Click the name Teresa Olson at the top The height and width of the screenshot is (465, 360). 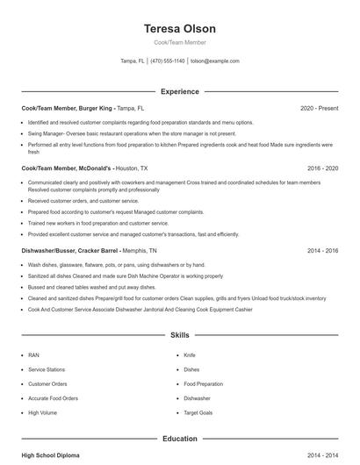(179, 28)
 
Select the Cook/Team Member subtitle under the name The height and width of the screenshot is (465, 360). (179, 43)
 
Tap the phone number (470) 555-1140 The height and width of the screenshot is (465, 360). (167, 61)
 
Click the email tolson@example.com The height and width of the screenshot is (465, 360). (214, 61)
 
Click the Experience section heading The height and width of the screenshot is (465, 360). (179, 91)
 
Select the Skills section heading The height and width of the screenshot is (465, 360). (179, 335)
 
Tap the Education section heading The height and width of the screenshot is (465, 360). (179, 439)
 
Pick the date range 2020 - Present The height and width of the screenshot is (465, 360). (319, 108)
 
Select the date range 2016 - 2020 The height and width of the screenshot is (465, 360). (322, 167)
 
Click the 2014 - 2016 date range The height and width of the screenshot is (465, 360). (322, 250)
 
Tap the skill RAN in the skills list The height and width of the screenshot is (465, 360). (33, 355)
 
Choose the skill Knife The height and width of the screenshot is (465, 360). (190, 355)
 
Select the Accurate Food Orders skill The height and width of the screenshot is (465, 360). (52, 397)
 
